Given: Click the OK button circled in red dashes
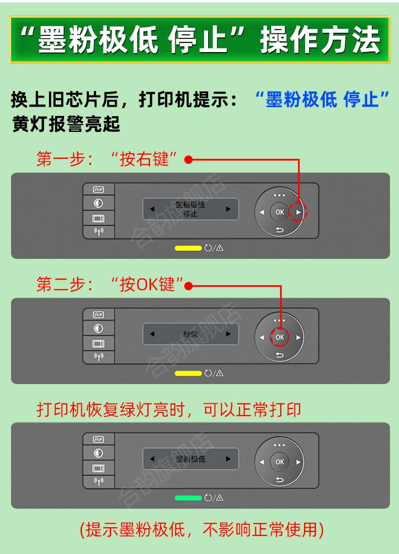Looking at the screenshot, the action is [x=280, y=337].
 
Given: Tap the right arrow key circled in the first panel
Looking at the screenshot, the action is [x=298, y=212].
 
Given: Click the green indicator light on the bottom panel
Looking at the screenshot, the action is [x=188, y=498].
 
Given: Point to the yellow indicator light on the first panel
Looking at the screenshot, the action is [x=188, y=248].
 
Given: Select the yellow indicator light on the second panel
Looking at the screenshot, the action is [x=188, y=373].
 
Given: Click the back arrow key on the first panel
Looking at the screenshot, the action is [x=280, y=232].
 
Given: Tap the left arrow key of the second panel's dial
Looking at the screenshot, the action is [x=262, y=337].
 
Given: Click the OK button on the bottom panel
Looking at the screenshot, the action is [x=280, y=461].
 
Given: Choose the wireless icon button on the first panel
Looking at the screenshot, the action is [x=98, y=232].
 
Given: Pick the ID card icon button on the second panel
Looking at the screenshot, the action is [x=98, y=314].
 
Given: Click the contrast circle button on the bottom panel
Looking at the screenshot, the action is [x=98, y=453].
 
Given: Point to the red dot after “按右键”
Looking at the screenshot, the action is [x=187, y=160].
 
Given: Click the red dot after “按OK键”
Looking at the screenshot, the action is [x=188, y=286].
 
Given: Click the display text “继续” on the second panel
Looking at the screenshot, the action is [x=190, y=334].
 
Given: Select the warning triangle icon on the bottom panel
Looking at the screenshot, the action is [x=220, y=498].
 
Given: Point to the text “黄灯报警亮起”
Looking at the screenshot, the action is [x=66, y=124].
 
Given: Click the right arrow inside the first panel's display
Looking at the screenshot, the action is [x=228, y=208].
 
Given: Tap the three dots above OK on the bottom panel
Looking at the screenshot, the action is [x=280, y=444].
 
